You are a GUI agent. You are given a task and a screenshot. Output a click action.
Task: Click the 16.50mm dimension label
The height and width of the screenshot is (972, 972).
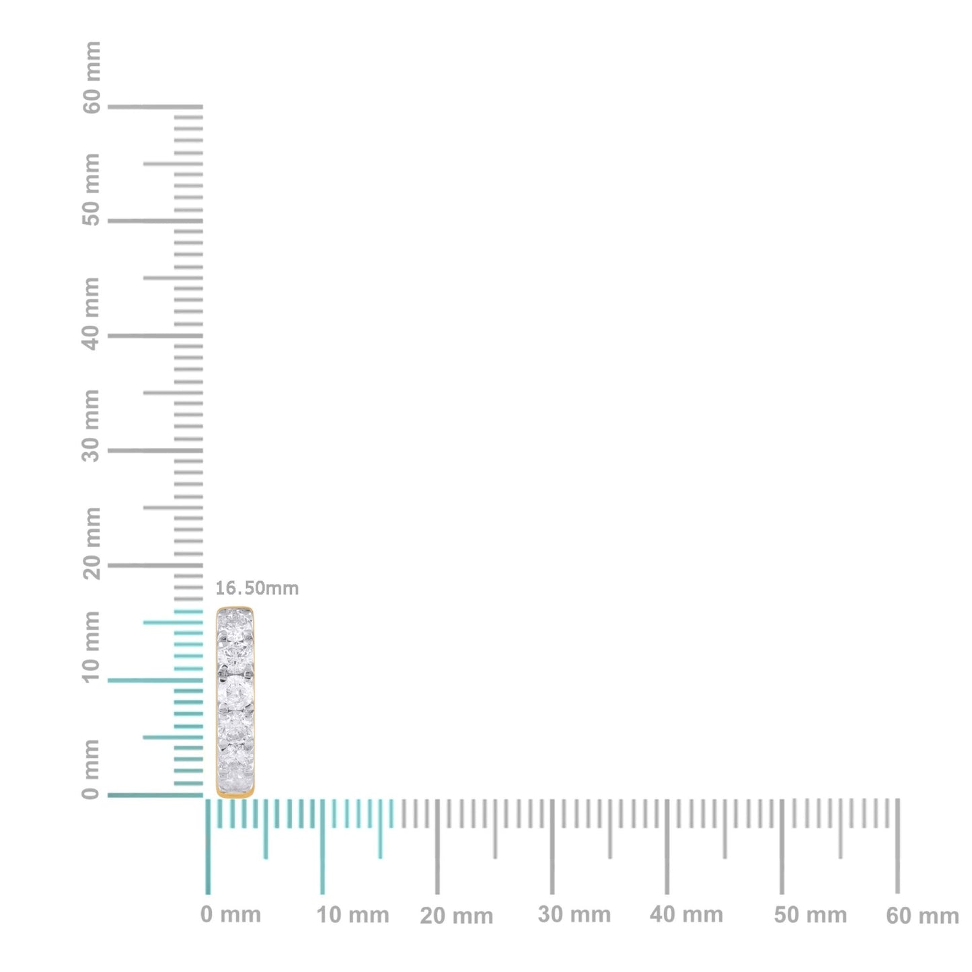pos(256,589)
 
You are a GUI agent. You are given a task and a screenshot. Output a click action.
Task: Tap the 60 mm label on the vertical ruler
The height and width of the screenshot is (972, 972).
pos(92,77)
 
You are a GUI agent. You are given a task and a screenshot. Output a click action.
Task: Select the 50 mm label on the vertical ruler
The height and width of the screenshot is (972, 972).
pos(92,190)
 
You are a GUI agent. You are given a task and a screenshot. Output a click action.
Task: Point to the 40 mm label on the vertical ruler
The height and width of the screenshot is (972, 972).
pos(92,313)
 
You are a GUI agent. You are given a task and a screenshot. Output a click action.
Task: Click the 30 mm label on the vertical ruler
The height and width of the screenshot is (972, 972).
pos(92,425)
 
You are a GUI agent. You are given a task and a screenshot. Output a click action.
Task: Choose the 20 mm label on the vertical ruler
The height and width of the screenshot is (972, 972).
pos(92,544)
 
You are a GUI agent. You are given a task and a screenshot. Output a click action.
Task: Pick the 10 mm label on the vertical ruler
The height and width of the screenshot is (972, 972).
pos(92,646)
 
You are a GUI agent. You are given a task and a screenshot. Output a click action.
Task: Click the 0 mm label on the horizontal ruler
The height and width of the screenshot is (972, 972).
pos(231,915)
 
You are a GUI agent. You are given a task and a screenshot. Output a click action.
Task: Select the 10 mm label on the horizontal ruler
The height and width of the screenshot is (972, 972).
pos(352,915)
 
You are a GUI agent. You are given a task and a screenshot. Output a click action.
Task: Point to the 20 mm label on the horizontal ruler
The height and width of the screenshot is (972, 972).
pos(456,916)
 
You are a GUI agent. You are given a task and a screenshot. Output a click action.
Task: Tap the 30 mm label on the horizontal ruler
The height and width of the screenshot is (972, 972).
pos(574,915)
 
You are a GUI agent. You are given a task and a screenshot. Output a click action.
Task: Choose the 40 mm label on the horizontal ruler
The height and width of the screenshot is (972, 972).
pos(686,915)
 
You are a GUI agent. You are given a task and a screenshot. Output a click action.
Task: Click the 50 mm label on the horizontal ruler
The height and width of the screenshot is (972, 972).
pos(810,915)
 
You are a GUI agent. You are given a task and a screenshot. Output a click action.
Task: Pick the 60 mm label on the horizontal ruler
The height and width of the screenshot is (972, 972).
pos(922,916)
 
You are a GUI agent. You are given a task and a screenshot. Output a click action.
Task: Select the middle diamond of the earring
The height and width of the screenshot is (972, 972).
pos(235,693)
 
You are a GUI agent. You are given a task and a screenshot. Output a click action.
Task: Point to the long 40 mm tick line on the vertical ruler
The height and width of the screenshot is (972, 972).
pos(155,336)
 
